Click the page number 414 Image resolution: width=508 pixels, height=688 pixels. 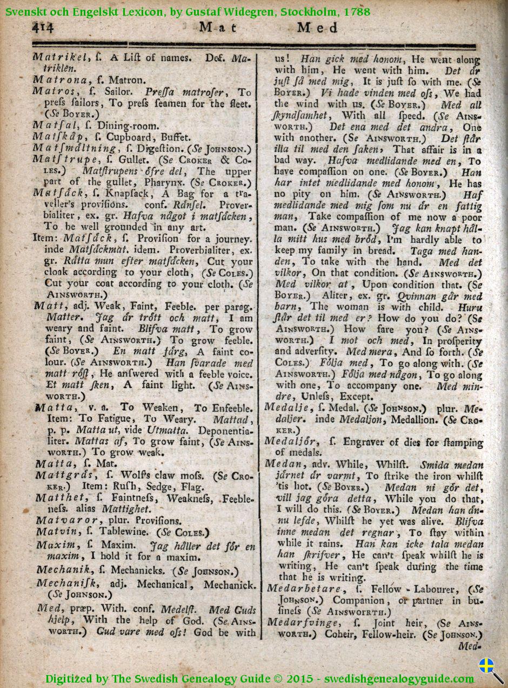pos(43,28)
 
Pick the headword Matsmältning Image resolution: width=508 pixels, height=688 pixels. pos(73,148)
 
